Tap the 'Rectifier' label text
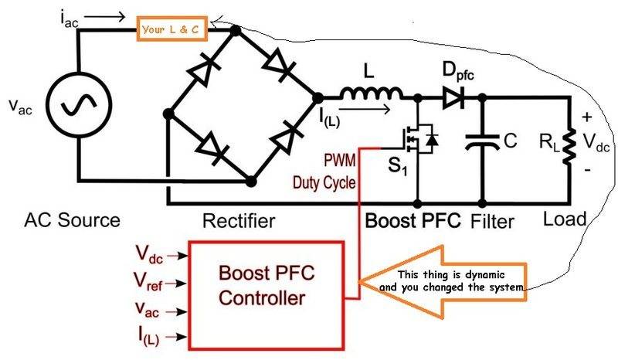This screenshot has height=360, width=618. (239, 221)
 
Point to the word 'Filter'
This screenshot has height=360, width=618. (492, 222)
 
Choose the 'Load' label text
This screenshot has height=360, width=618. (565, 218)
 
